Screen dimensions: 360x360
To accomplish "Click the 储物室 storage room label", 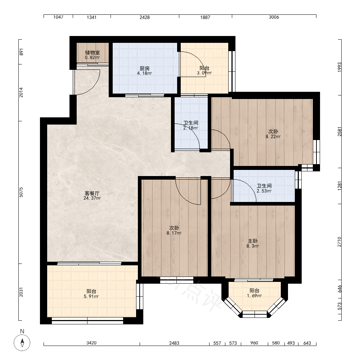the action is click(x=92, y=53).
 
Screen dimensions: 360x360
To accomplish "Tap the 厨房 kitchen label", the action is click(x=145, y=68).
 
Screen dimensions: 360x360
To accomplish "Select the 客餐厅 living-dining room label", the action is click(x=92, y=193).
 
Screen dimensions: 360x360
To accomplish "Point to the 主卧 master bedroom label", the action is click(x=253, y=241).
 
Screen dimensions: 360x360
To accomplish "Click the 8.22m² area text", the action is click(x=273, y=136).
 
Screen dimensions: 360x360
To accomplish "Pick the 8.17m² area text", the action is click(x=174, y=233).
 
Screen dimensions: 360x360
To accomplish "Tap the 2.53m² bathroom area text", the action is click(x=264, y=191).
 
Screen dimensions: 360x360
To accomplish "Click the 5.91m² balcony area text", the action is click(x=91, y=296).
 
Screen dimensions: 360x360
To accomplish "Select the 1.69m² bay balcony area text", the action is click(x=255, y=296).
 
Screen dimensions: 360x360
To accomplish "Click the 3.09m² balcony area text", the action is click(x=204, y=73).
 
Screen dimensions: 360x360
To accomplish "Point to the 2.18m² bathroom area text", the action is click(x=190, y=128).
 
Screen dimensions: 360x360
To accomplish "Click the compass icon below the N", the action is click(x=22, y=343).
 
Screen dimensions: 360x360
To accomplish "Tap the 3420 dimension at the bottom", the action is click(x=91, y=343).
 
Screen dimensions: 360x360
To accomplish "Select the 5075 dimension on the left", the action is click(x=21, y=192).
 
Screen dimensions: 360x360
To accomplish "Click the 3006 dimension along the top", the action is click(x=274, y=17).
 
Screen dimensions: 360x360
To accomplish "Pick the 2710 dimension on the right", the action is click(x=339, y=242).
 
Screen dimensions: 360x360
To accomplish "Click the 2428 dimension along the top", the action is click(x=145, y=17).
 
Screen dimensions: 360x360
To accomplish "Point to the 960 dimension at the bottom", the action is click(x=254, y=343).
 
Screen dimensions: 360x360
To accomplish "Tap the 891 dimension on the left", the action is click(x=21, y=52).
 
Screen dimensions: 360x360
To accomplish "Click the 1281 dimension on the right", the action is click(x=339, y=186).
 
